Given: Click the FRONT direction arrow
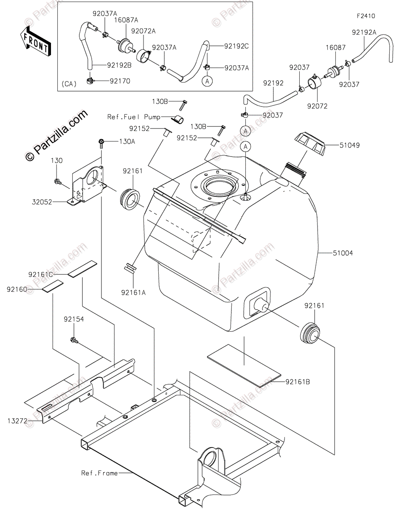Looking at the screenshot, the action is [x=35, y=42].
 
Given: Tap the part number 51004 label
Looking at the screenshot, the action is [x=343, y=253].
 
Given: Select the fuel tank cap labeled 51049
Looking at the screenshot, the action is [x=310, y=144].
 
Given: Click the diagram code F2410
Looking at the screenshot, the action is [x=366, y=16].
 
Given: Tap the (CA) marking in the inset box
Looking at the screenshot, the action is [x=69, y=84].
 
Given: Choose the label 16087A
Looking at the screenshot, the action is [x=126, y=20].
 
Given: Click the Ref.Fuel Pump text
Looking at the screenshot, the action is [x=134, y=117].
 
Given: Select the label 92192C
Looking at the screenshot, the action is [x=236, y=46].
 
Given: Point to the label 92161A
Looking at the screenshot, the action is [x=133, y=293].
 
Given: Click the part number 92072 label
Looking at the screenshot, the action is [x=317, y=106].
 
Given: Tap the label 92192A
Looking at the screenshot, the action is [x=364, y=33].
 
